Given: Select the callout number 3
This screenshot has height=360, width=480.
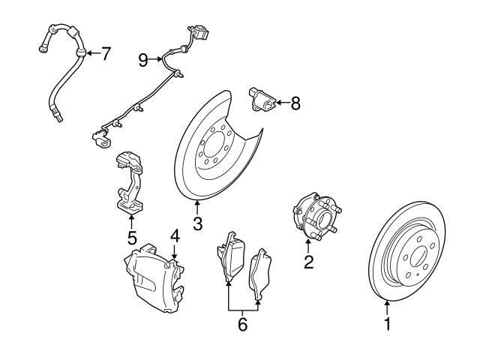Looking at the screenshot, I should (197, 223).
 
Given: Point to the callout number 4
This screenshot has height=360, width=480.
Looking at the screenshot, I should (174, 235).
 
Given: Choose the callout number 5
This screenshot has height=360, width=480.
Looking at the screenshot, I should (131, 238).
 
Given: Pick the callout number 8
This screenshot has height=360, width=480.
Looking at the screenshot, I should (295, 103).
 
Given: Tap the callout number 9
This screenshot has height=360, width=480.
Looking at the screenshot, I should (143, 58).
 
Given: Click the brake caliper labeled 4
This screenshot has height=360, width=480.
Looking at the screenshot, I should (154, 276).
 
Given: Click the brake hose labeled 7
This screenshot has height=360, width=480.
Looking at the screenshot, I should (63, 75).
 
